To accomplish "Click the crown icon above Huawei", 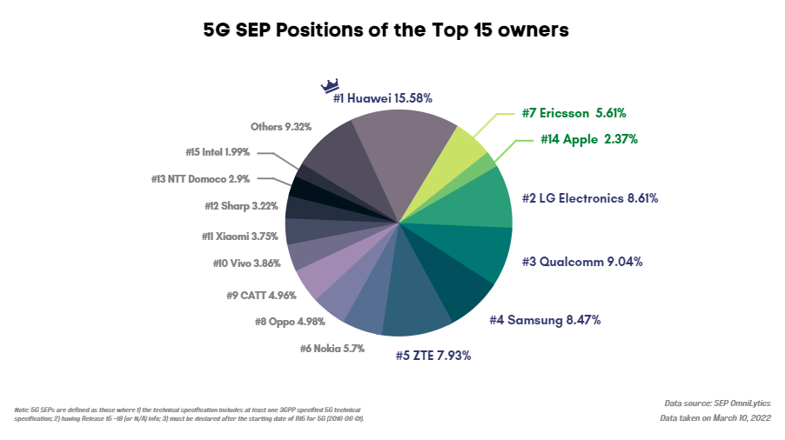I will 330,85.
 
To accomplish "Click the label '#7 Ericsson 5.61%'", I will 574,113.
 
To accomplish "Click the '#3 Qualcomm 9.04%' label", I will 582,261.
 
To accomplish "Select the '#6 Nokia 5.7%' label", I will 332,348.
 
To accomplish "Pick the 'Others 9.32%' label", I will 280,127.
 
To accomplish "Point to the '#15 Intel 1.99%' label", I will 218,152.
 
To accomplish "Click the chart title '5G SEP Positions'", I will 386,30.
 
